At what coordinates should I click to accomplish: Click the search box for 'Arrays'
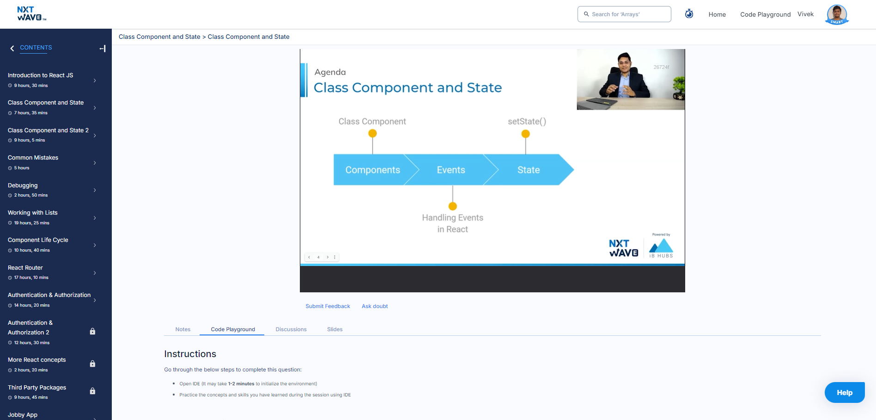[624, 14]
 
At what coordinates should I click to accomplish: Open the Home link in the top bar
[717, 14]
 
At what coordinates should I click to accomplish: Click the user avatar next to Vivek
[837, 14]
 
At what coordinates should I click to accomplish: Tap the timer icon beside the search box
[689, 14]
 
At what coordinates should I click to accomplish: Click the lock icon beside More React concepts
[92, 364]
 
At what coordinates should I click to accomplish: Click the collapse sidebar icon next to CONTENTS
[103, 49]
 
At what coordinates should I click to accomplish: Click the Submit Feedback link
[328, 306]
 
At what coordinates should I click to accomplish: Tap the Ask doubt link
[375, 306]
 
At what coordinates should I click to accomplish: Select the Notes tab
[183, 329]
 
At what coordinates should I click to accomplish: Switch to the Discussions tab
[291, 329]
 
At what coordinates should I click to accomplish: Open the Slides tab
[335, 329]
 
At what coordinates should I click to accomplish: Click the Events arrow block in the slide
[451, 170]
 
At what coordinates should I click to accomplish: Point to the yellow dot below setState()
[525, 134]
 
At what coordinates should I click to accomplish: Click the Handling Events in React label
[453, 223]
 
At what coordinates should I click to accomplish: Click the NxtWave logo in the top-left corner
[31, 13]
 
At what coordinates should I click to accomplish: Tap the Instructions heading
[190, 354]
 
